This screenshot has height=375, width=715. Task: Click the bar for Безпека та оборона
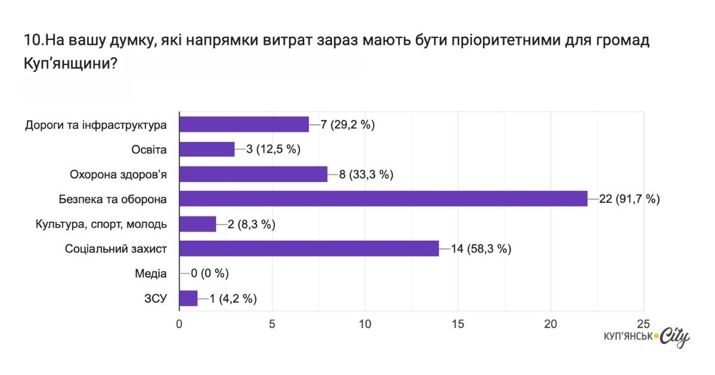pyautogui.click(x=383, y=199)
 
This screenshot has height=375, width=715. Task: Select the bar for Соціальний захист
pyautogui.click(x=309, y=249)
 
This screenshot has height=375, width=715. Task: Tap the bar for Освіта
pyautogui.click(x=207, y=149)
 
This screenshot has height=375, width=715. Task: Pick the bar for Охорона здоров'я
pyautogui.click(x=253, y=174)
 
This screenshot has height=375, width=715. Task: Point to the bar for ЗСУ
pyautogui.click(x=188, y=298)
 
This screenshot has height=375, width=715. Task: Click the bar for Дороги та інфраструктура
pyautogui.click(x=244, y=124)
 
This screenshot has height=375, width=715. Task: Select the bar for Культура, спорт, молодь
pyautogui.click(x=197, y=224)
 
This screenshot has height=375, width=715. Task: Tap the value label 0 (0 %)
pyautogui.click(x=210, y=274)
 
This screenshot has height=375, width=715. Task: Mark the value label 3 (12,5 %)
pyautogui.click(x=273, y=150)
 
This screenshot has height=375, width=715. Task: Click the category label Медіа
pyautogui.click(x=151, y=274)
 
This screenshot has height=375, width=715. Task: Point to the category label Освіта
pyautogui.click(x=149, y=150)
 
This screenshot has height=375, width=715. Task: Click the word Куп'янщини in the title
pyautogui.click(x=70, y=64)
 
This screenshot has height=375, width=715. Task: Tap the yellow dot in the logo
pyautogui.click(x=656, y=337)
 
